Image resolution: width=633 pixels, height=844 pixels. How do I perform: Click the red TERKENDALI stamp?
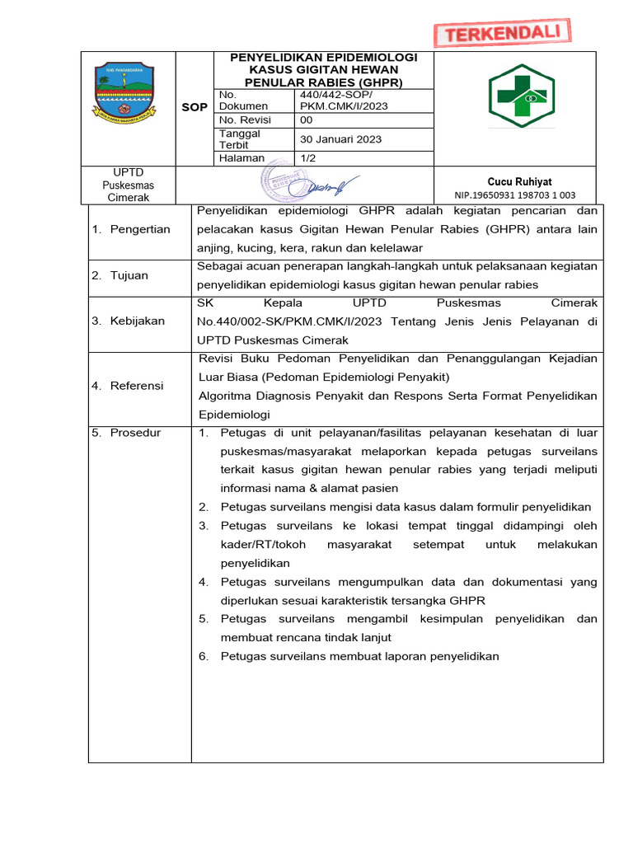[502, 33]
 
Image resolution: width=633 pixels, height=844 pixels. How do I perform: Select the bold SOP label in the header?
[195, 108]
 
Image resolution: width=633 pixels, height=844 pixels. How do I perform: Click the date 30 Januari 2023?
[341, 139]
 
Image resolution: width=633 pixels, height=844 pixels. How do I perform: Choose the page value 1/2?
[311, 157]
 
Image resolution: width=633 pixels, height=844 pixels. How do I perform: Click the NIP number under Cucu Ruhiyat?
[515, 195]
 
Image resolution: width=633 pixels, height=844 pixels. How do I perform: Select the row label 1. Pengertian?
[131, 229]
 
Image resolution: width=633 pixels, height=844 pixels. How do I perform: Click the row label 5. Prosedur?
[127, 433]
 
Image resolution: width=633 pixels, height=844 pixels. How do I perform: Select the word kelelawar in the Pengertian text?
[395, 247]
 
